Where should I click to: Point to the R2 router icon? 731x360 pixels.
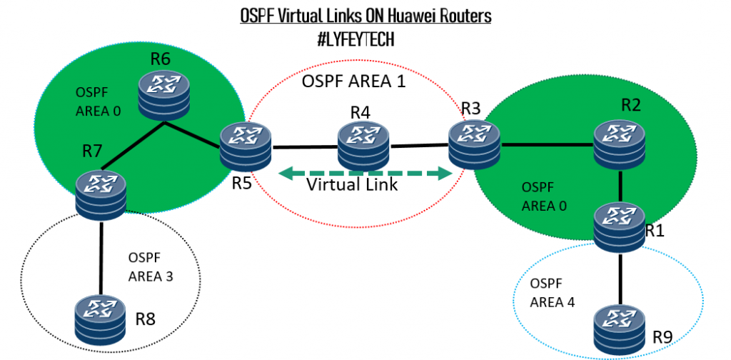(620, 144)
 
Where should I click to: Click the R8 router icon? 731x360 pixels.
(101, 319)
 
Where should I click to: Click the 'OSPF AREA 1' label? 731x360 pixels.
(353, 81)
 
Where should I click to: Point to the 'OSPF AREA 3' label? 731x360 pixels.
(150, 266)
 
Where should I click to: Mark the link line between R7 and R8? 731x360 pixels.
(101, 257)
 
